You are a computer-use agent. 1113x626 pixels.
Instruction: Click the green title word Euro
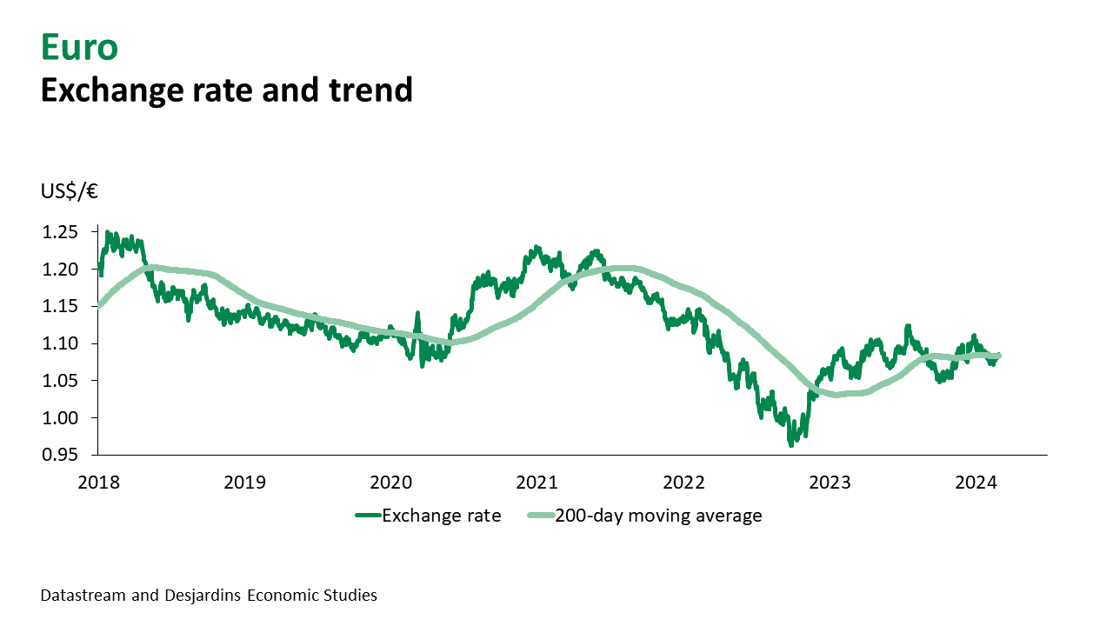[78, 48]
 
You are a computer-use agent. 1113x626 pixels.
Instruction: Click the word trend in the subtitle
[369, 90]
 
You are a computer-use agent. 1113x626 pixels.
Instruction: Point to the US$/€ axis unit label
[69, 192]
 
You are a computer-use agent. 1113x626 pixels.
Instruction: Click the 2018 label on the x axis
[97, 481]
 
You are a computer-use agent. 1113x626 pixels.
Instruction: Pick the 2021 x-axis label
[537, 481]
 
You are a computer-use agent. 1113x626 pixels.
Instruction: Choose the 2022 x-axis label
[683, 481]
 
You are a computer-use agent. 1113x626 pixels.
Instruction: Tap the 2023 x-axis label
[830, 481]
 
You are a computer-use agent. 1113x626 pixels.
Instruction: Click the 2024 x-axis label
[976, 481]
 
